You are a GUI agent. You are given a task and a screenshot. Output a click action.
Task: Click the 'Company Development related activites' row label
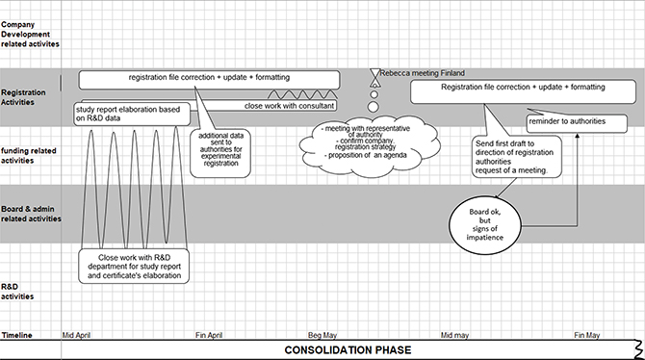(x=30, y=34)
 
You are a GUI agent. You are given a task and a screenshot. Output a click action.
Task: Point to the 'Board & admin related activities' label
(x=31, y=213)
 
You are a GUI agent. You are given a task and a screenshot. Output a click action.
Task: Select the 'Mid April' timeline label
(x=82, y=334)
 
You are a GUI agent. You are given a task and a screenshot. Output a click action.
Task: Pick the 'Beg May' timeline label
(x=326, y=334)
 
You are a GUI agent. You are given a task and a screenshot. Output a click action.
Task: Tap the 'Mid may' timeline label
(x=457, y=334)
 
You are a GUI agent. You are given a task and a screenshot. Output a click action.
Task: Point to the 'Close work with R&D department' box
(x=134, y=265)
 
